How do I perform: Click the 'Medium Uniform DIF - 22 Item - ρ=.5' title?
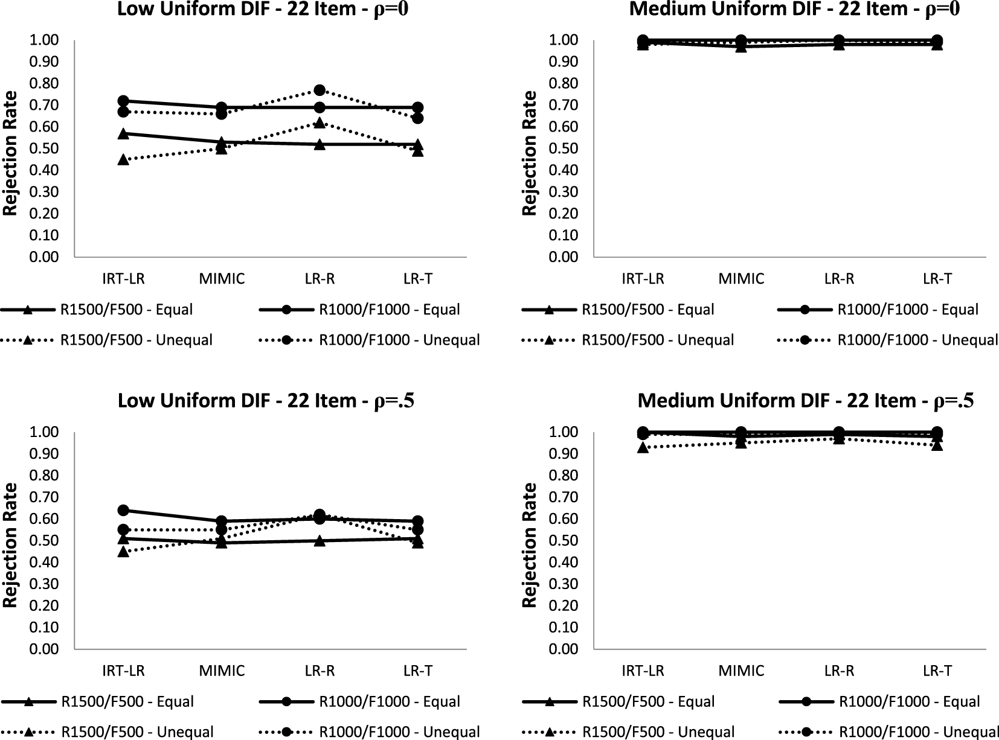[x=805, y=401]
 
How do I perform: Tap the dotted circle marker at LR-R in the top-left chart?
[x=320, y=90]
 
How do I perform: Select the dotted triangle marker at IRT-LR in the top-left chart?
[x=123, y=159]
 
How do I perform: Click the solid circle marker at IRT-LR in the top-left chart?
[x=123, y=101]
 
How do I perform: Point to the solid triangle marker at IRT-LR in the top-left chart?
[x=123, y=133]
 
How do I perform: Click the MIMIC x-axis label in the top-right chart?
[x=741, y=279]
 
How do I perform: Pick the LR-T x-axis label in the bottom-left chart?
[x=417, y=671]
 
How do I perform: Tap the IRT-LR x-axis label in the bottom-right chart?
[x=643, y=671]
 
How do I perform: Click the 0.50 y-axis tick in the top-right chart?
[x=563, y=148]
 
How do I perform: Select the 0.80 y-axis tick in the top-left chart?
[x=43, y=83]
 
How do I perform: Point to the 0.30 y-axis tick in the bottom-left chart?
[x=43, y=584]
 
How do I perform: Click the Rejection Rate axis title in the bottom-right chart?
[x=530, y=545]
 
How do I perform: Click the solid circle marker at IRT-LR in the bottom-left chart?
[x=123, y=510]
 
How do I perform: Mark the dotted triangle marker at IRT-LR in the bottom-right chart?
[x=643, y=447]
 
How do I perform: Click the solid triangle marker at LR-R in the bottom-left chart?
[x=320, y=541]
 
